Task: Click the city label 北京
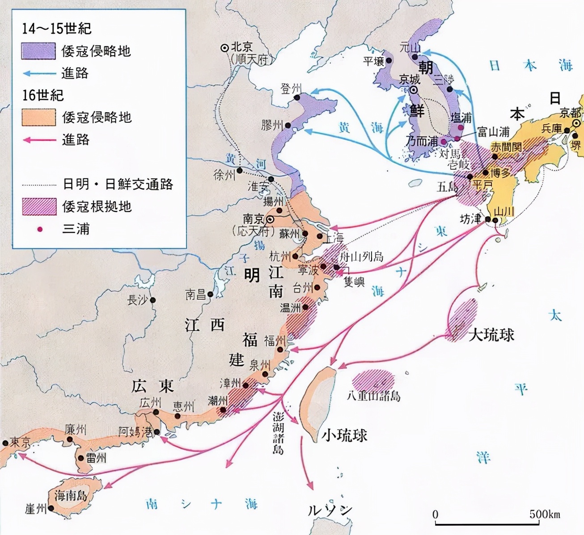click(242, 47)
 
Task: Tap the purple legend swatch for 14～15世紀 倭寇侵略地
click(38, 51)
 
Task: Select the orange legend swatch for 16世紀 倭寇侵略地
click(38, 117)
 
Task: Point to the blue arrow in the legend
click(39, 73)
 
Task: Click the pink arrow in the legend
click(39, 140)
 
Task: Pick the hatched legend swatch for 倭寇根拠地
click(39, 206)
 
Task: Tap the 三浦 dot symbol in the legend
click(40, 229)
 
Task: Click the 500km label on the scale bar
click(544, 514)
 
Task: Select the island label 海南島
click(71, 495)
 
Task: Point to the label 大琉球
click(491, 334)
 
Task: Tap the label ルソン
click(330, 510)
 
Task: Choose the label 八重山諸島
click(373, 396)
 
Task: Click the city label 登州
click(291, 88)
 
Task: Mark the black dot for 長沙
click(153, 300)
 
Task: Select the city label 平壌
click(374, 61)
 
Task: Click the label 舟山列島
click(361, 256)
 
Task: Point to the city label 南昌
click(196, 294)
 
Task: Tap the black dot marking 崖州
click(51, 508)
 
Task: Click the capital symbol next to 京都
click(577, 123)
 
